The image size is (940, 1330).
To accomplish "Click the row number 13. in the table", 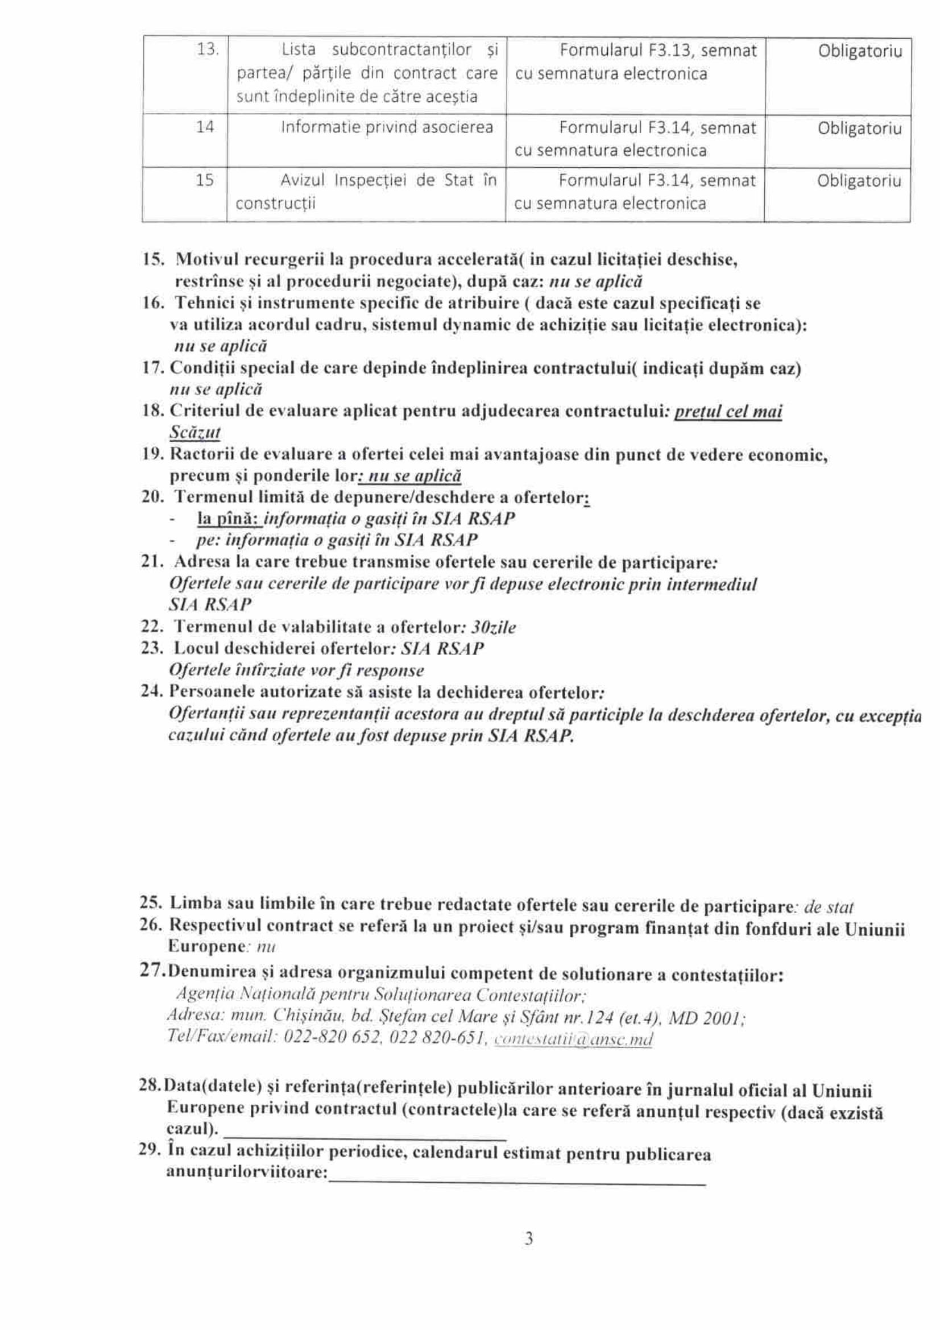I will pos(207,50).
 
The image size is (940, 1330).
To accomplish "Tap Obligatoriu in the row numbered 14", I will pos(859,127).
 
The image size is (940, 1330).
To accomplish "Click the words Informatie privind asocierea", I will pos(386,127).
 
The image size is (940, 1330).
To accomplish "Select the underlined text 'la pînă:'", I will pos(229,519).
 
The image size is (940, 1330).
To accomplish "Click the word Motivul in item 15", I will pos(208,259).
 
